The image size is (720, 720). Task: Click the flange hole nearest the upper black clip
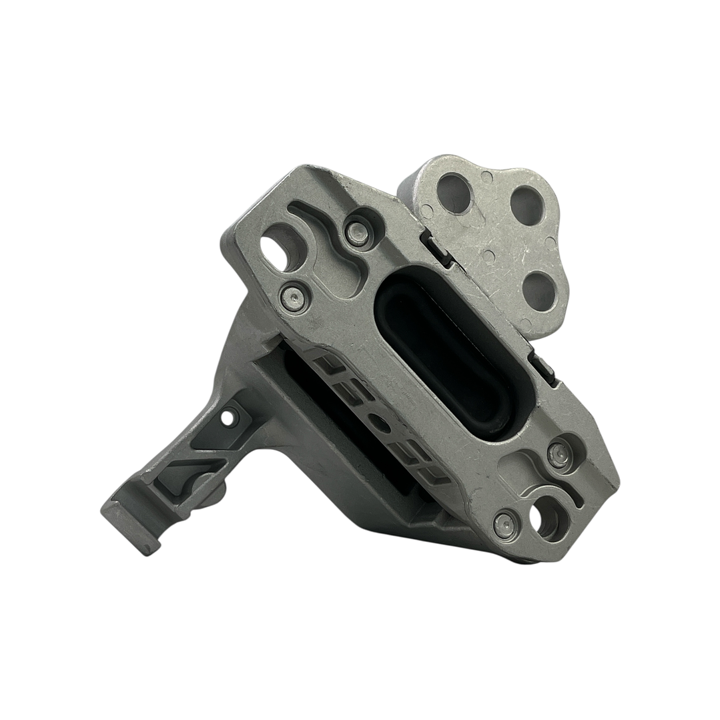[x=454, y=193]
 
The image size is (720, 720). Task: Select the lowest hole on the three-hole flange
[x=539, y=292]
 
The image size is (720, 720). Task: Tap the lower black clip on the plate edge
[x=545, y=369]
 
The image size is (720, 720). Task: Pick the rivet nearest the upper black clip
[x=358, y=231]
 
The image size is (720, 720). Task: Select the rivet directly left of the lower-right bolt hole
[x=505, y=522]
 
